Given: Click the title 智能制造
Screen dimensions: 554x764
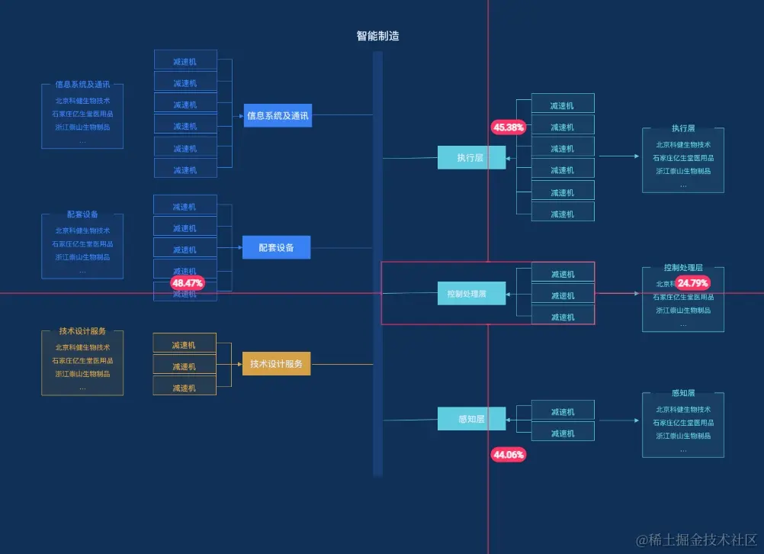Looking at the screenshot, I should [377, 36].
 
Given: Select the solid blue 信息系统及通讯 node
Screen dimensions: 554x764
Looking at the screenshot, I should [278, 116].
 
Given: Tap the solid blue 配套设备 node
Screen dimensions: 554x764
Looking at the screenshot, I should [276, 247].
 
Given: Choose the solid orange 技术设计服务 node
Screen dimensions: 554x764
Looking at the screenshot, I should [276, 364].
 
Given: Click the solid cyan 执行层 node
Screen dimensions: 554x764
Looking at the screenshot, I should [470, 157].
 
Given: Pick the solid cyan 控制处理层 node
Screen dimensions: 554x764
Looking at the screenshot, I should [470, 293].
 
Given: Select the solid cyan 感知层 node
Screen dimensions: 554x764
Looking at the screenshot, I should [470, 419].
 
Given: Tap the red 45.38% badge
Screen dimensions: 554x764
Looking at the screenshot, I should [509, 127].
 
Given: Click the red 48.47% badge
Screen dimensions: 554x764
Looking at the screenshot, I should [188, 283].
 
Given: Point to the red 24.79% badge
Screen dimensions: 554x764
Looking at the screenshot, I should [692, 283].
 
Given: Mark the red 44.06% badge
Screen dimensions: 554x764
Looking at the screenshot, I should [509, 455].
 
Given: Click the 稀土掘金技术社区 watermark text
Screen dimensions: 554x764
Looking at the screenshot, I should [697, 540].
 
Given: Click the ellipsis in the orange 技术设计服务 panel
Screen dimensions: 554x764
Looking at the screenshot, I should [82, 388].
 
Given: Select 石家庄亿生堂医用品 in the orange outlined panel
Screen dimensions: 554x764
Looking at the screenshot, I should [82, 361].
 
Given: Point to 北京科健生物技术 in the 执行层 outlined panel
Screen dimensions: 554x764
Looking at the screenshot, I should [683, 145].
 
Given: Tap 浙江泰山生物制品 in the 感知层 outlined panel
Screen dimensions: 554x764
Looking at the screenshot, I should [683, 436].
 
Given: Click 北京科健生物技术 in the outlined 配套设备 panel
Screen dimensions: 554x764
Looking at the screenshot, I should [82, 230].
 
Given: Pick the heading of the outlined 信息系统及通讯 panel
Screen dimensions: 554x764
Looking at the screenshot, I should [82, 85].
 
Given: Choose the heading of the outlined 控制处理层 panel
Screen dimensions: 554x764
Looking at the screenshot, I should [683, 268].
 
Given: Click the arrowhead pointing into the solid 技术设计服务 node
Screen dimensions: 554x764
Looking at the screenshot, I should [239, 365].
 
